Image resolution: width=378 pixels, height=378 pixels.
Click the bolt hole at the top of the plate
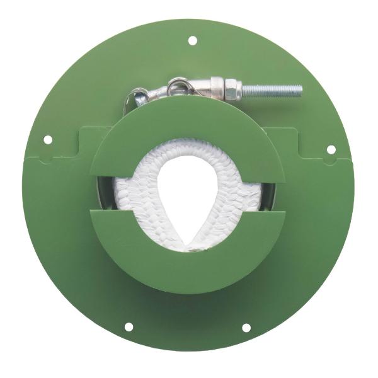pos(192,40)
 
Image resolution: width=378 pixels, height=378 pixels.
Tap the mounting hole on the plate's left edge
pos(47,139)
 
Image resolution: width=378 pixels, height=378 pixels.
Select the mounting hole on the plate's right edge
pos(331,149)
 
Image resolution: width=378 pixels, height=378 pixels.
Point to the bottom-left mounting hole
pos(129,327)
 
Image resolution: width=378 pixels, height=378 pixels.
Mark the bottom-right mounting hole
pos(246,327)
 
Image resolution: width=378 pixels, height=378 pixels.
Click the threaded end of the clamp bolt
pos(280,91)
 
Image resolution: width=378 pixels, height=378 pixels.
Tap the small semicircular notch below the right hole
pos(328,161)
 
